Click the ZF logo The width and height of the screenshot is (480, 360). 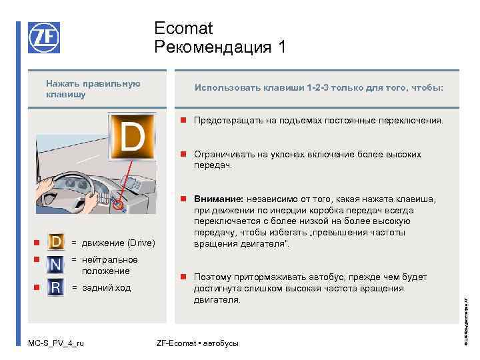44,37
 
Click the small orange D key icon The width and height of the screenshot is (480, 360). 57,241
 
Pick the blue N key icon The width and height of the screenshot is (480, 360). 57,265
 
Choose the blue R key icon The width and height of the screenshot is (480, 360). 57,288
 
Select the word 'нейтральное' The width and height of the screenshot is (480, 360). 110,259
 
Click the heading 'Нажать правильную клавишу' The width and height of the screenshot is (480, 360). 93,89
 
